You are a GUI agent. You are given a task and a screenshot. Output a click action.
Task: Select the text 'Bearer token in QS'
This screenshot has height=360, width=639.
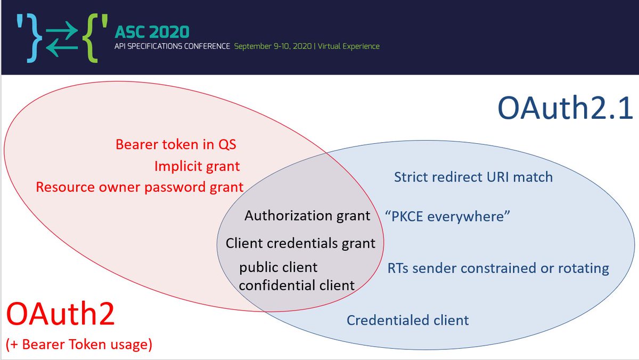(x=176, y=145)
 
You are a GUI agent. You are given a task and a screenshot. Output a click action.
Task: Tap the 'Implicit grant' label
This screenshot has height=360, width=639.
(x=197, y=166)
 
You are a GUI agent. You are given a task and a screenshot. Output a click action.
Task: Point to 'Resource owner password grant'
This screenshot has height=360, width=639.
(x=140, y=187)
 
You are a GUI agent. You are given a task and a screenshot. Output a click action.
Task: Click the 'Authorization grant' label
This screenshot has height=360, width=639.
(x=307, y=216)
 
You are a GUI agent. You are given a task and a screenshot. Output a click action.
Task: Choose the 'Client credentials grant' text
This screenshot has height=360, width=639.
(x=300, y=243)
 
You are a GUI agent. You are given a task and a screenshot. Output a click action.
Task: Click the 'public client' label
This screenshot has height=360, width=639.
(x=278, y=267)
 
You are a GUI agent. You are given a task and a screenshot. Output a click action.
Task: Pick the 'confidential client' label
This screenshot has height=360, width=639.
(x=297, y=285)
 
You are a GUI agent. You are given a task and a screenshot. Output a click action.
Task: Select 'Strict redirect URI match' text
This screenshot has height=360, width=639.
(x=473, y=177)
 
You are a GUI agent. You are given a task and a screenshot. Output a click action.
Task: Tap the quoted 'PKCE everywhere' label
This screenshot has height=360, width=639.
(x=447, y=217)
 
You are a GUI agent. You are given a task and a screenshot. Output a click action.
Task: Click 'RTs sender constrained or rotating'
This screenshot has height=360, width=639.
(x=498, y=268)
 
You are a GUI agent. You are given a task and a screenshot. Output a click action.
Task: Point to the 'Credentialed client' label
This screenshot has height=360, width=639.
(x=407, y=320)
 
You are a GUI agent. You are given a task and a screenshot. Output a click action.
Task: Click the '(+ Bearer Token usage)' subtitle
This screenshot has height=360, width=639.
(x=79, y=345)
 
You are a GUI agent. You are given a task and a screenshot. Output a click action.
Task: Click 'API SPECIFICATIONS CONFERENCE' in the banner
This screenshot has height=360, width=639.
(x=172, y=46)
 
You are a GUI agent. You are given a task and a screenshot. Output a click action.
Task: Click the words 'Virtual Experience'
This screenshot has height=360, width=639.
(x=349, y=46)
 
